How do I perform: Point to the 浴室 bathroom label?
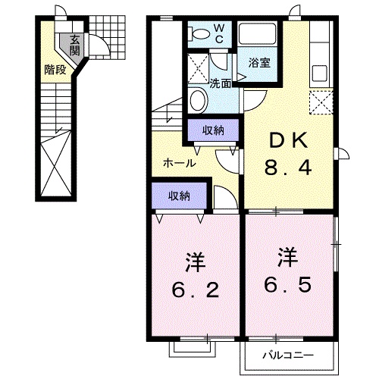[255, 64]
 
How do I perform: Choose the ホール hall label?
[180, 163]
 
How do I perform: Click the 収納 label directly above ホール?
[213, 131]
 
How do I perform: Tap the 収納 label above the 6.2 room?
[179, 196]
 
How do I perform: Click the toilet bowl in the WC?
[199, 33]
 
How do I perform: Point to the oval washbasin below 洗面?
[198, 100]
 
